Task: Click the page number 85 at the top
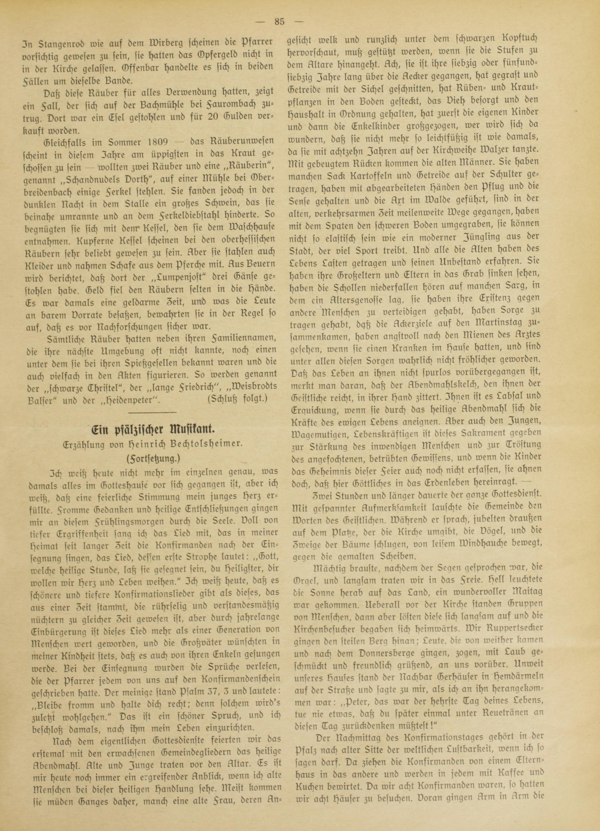tap(280, 22)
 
